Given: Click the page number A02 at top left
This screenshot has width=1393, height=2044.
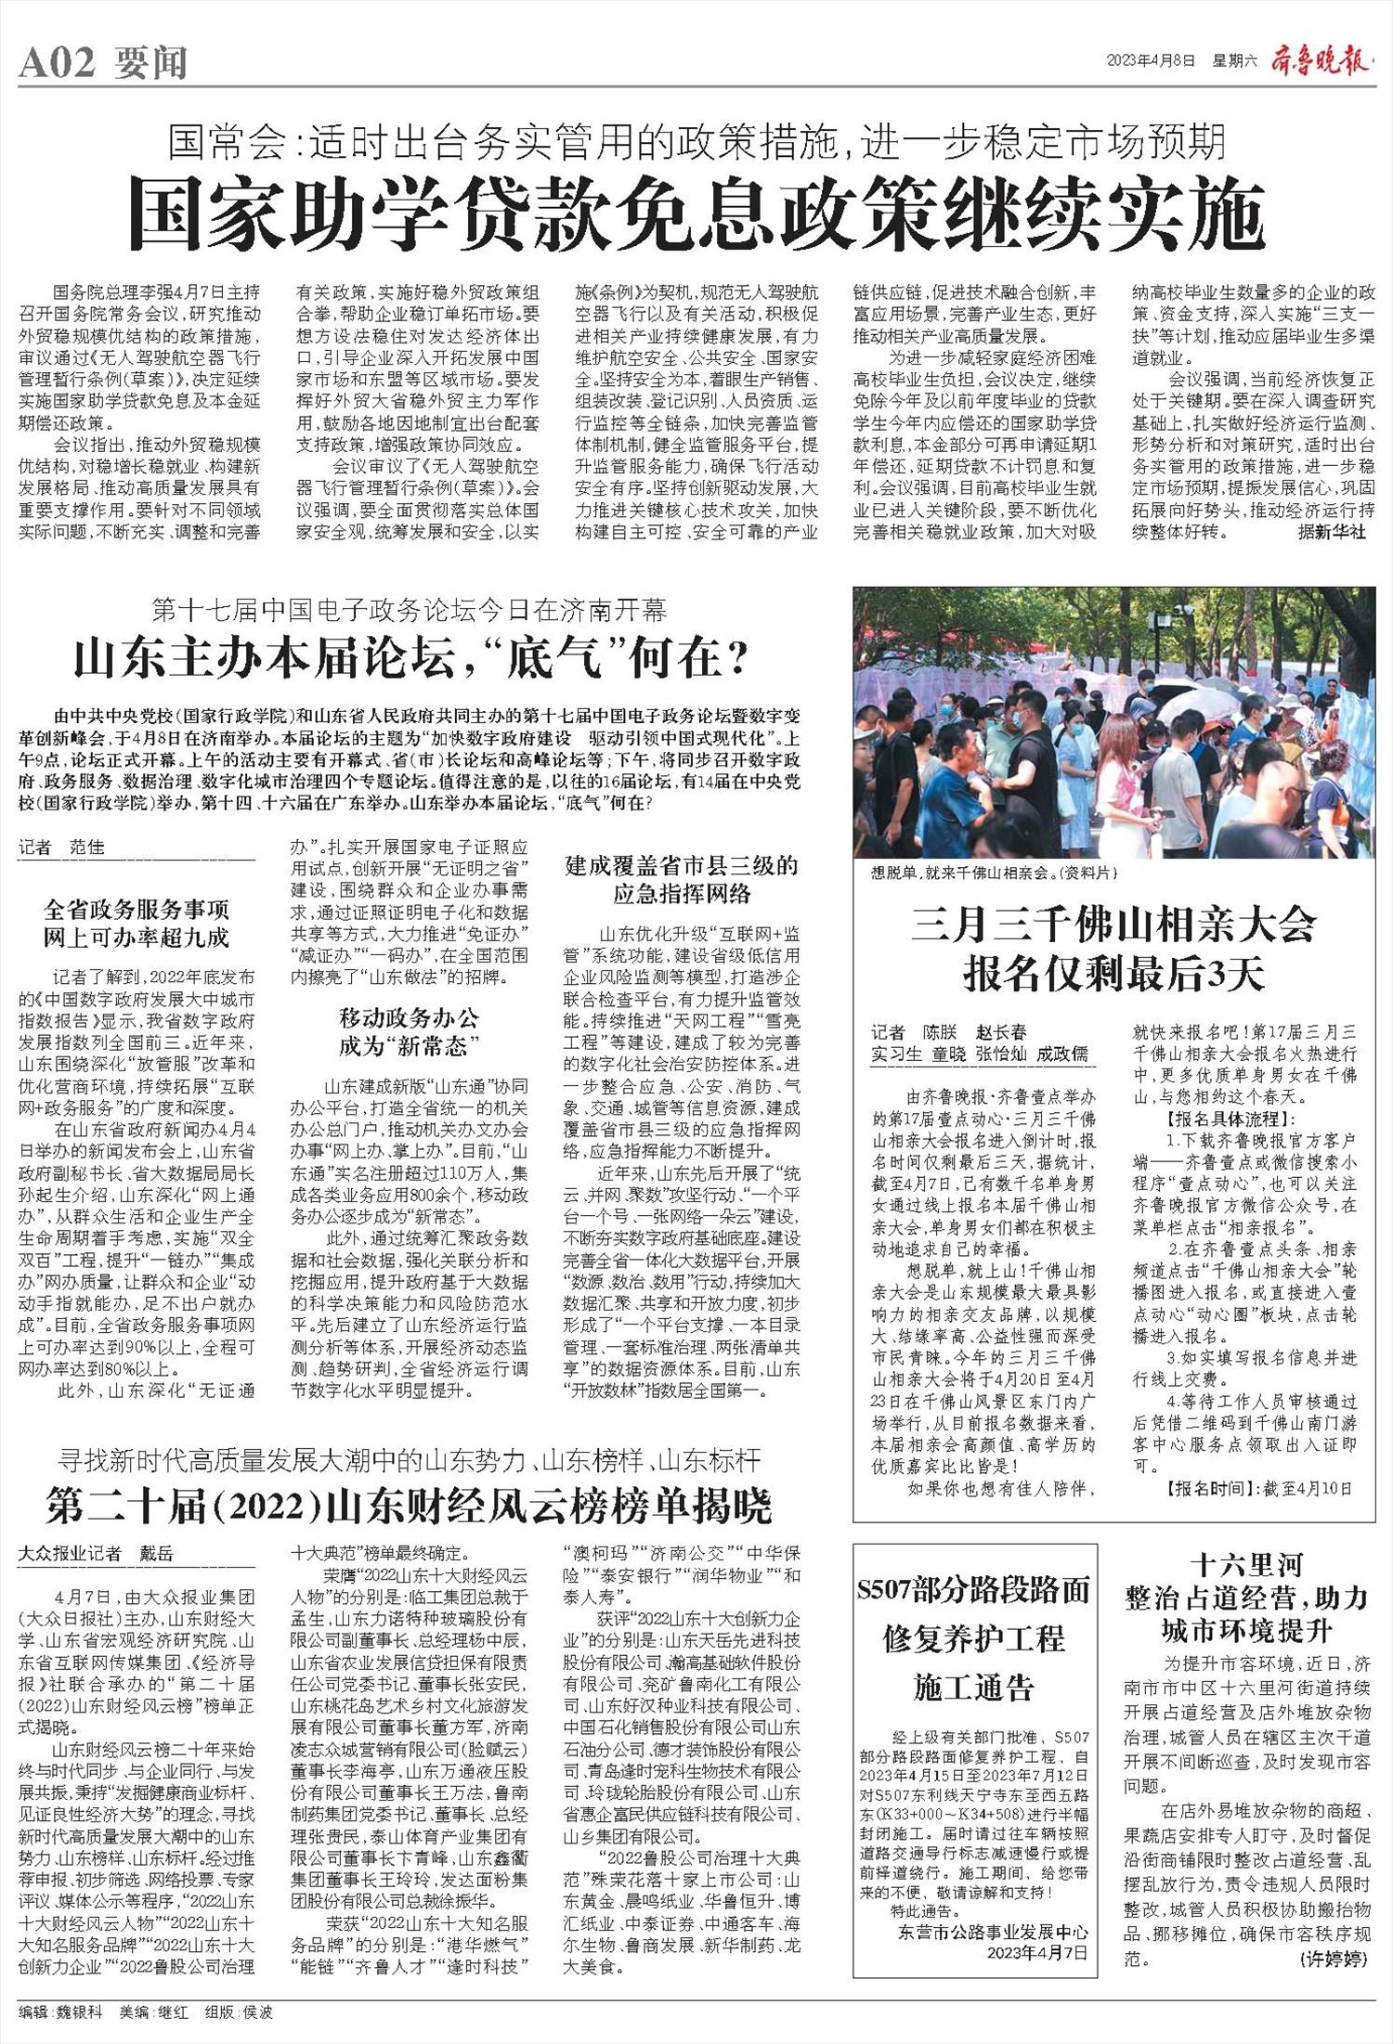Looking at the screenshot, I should pos(57,63).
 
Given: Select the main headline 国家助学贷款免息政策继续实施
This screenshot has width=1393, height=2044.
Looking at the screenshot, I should pos(696,211).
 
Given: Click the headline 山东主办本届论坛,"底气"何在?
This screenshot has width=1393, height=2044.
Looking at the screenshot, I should pos(410,660).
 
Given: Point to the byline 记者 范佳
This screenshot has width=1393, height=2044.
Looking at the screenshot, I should pos(61,847).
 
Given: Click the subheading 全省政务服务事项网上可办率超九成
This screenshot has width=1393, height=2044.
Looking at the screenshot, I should pos(137,923).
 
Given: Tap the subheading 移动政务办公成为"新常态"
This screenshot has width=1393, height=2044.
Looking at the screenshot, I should pos(410,1032).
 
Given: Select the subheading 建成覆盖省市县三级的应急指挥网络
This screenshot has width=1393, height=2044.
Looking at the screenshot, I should pos(682,880).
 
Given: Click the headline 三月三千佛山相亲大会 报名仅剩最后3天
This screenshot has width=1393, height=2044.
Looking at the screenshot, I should pos(1113,948).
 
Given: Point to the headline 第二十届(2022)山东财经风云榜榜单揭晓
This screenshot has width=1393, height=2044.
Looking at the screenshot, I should pos(409,1507).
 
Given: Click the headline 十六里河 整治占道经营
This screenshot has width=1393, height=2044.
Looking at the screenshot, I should pos(1246,1597).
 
